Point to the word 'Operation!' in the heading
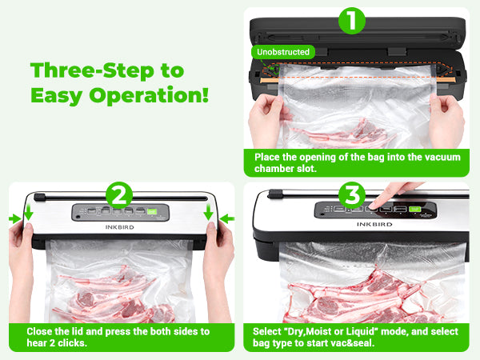pos(162,96)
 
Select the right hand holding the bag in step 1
pos(446,116)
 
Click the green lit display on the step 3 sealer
pos(415,210)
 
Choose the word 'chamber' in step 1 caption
pos(274,169)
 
